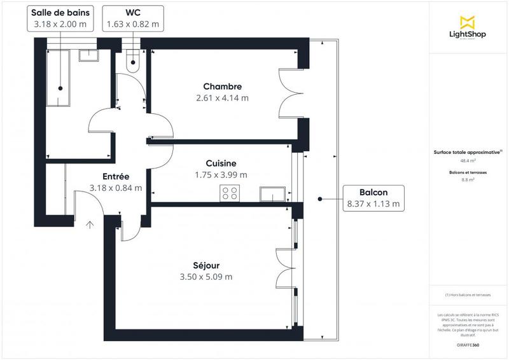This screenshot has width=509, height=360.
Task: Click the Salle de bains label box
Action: (x=60, y=18)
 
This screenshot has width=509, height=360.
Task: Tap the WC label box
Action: (x=132, y=18)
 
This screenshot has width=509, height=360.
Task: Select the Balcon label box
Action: (x=373, y=198)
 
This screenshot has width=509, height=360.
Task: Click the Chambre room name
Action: (x=222, y=87)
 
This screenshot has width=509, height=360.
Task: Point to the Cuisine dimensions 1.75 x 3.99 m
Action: (x=221, y=175)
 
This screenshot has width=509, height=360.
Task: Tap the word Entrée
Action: (x=116, y=176)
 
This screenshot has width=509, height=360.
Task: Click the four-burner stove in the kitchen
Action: (x=230, y=193)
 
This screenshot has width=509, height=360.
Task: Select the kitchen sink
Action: (x=272, y=193)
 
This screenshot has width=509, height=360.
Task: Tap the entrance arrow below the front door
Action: (x=90, y=224)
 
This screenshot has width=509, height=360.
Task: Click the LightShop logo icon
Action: (x=469, y=21)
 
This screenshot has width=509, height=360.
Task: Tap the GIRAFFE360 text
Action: (x=469, y=343)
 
